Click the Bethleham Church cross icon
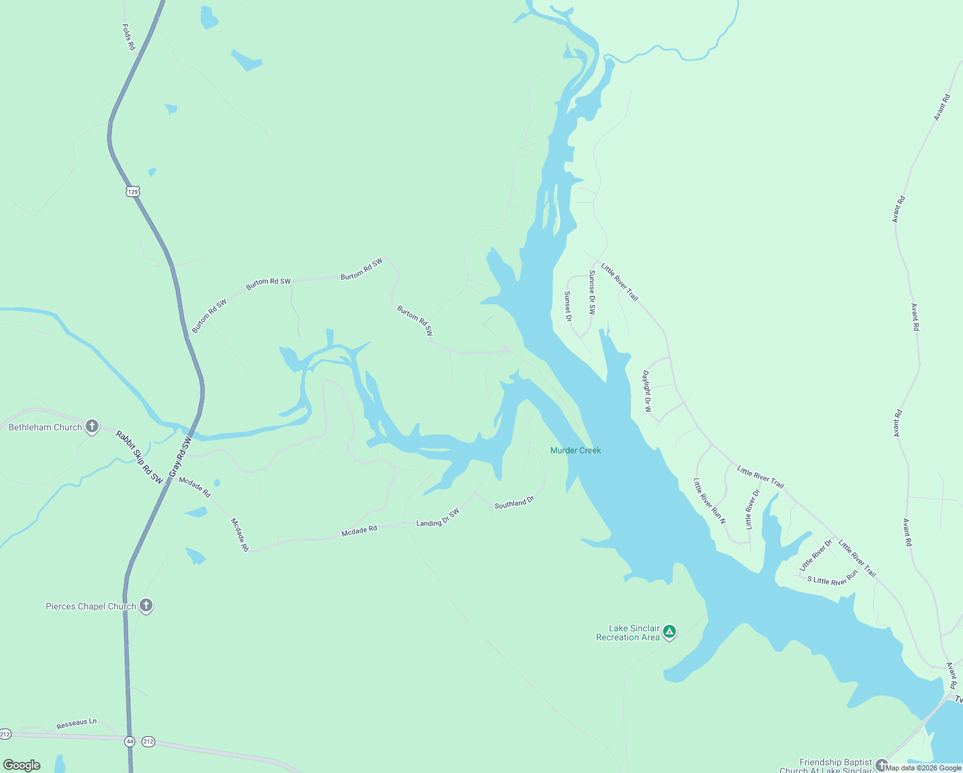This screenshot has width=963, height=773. (92, 426)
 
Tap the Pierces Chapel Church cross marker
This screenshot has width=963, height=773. (146, 606)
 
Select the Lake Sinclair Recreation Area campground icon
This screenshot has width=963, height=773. (669, 632)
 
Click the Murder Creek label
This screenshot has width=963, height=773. (575, 450)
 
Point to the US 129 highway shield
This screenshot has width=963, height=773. (133, 191)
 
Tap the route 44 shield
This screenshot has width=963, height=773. (130, 741)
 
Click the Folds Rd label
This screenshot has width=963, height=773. (129, 37)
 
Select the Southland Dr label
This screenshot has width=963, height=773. (514, 502)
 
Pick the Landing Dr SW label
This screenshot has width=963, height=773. (438, 518)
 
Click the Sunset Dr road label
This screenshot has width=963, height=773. (568, 306)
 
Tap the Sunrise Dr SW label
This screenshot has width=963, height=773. (592, 292)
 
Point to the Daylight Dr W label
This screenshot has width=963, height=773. (647, 391)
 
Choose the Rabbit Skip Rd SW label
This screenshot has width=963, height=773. (139, 457)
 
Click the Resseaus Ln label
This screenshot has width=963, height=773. (77, 723)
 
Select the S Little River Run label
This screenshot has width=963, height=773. (832, 577)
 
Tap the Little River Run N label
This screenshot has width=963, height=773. (709, 501)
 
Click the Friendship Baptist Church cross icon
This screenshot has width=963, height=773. (881, 765)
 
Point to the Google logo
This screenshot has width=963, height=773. (22, 765)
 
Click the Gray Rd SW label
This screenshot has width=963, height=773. (180, 457)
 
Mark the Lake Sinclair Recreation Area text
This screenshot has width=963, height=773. (628, 633)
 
